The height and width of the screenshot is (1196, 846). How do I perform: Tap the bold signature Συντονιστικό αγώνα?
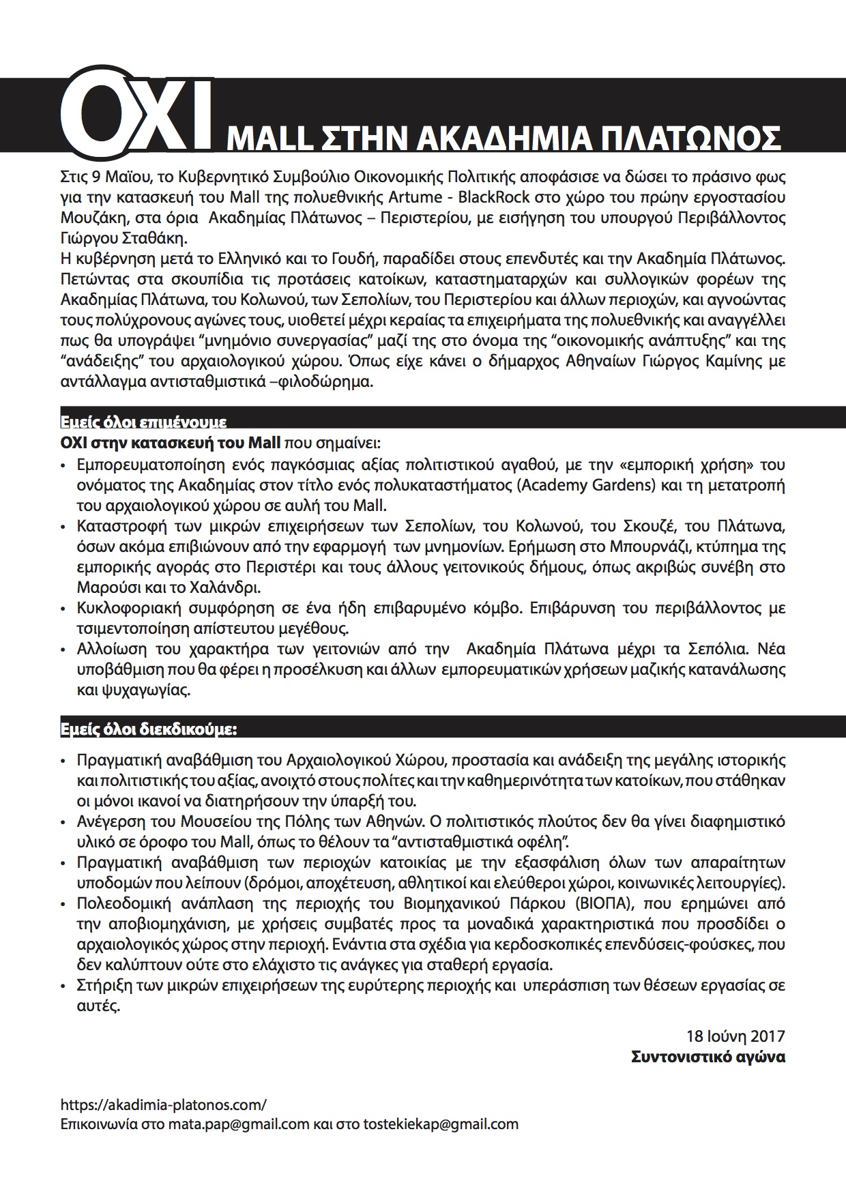click(708, 1057)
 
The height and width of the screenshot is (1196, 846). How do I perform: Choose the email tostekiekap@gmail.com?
click(441, 1124)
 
